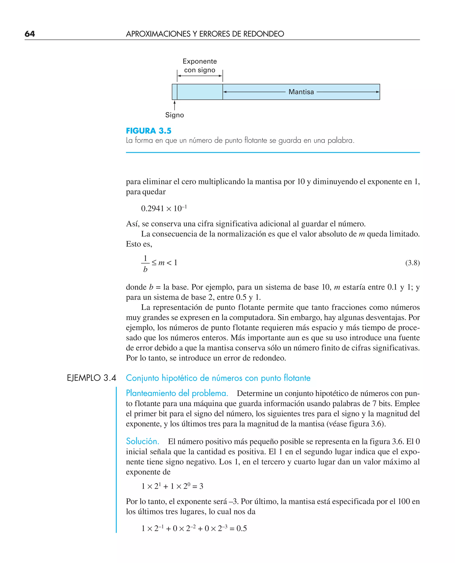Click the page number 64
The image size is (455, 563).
30,34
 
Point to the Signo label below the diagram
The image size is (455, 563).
175,115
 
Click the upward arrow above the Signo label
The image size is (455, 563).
175,105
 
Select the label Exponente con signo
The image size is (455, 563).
200,65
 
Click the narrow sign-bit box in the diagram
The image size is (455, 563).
175,92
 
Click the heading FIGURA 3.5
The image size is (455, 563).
149,131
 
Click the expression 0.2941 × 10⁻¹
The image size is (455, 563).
164,208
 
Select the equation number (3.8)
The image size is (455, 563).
412,263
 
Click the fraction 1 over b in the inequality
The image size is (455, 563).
145,264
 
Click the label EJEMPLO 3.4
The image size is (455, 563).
92,378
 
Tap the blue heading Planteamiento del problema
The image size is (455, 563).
177,393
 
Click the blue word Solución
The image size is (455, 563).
142,441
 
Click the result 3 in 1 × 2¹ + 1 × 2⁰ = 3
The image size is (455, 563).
201,486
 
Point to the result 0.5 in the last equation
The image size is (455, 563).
241,528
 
